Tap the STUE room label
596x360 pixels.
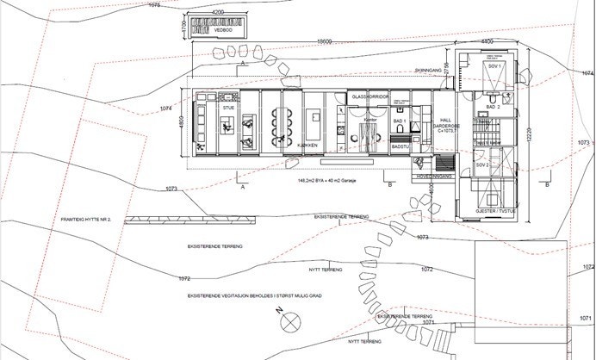pos(228,109)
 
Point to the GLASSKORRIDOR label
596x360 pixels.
pos(371,96)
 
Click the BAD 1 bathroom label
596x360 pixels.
pos(400,123)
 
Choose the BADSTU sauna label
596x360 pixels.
pos(400,147)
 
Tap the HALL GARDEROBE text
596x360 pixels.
pos(445,125)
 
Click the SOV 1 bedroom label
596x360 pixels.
pos(494,66)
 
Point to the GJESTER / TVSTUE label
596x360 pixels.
pos(494,210)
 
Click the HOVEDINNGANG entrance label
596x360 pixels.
pos(434,176)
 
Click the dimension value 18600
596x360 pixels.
pos(324,41)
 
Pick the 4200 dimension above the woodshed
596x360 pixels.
pos(218,13)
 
